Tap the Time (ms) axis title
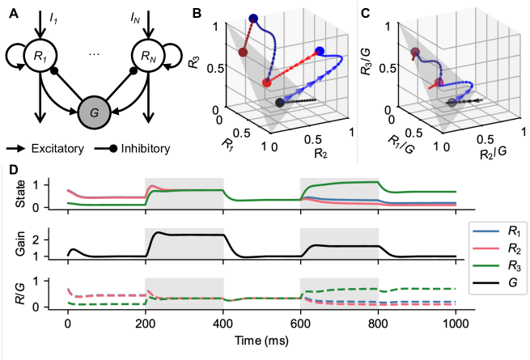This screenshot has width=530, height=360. (262, 349)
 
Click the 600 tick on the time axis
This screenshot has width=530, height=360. (300, 334)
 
